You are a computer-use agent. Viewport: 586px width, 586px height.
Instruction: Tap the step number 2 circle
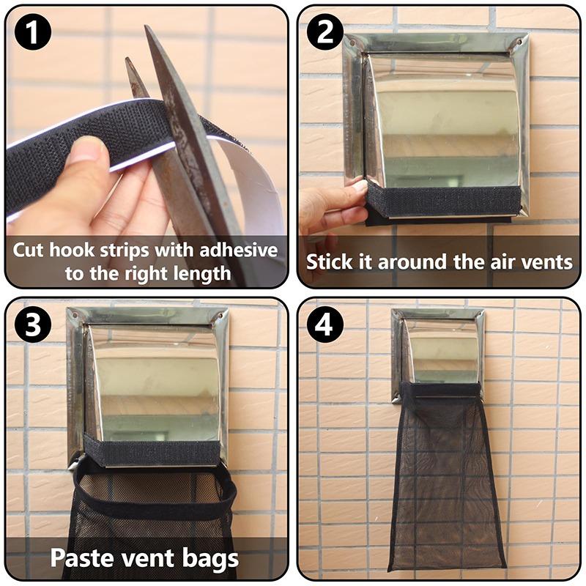(x=324, y=32)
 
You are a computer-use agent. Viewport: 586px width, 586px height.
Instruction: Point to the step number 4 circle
(x=324, y=325)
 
